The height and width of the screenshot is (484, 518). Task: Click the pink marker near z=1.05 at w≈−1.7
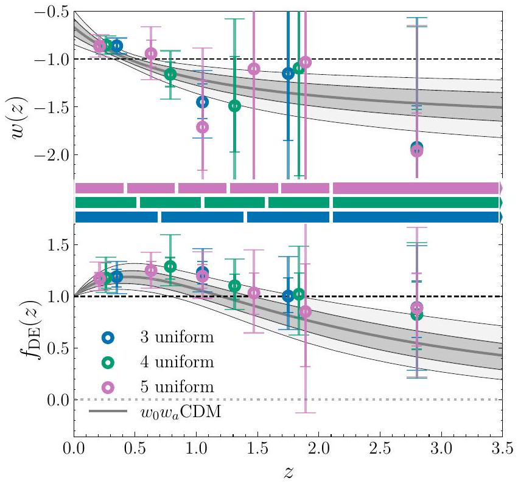[x=202, y=127]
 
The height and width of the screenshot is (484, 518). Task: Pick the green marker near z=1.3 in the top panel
[x=234, y=105]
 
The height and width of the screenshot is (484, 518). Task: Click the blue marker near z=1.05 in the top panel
[x=202, y=101]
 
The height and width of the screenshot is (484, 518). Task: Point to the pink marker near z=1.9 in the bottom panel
[x=306, y=311]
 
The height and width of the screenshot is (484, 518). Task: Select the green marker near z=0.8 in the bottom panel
[x=170, y=266]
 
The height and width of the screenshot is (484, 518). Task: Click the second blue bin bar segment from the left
[x=202, y=217]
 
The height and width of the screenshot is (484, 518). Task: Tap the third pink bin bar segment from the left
[x=202, y=187]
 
